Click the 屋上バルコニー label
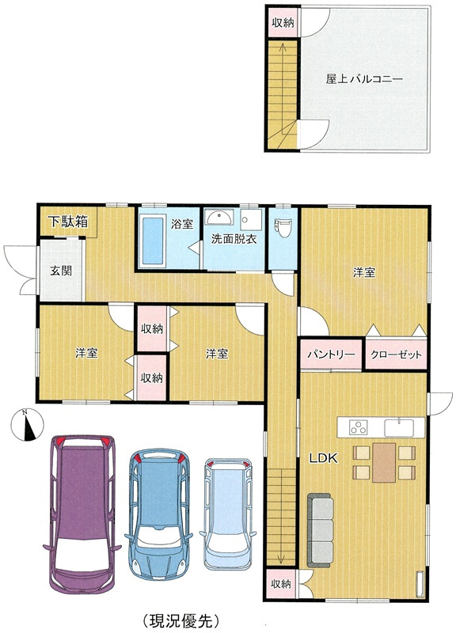click(x=364, y=78)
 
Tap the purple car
click(x=82, y=514)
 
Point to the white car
click(x=228, y=514)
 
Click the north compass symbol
click(x=27, y=425)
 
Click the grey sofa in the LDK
click(x=321, y=530)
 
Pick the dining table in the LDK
click(x=384, y=462)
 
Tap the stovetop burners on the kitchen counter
click(x=359, y=427)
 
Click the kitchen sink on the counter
click(x=399, y=427)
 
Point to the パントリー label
click(x=331, y=354)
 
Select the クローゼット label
click(x=396, y=354)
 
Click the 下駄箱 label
click(x=68, y=222)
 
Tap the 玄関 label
click(x=61, y=271)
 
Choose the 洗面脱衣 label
click(x=234, y=239)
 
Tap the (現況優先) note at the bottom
click(x=181, y=620)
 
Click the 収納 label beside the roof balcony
click(x=283, y=22)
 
